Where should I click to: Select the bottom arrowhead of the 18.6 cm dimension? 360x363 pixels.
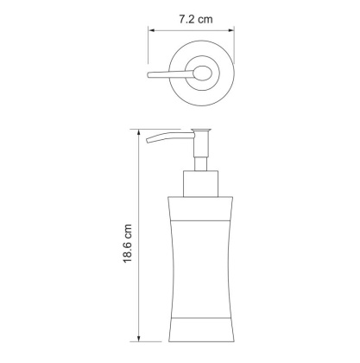137,344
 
